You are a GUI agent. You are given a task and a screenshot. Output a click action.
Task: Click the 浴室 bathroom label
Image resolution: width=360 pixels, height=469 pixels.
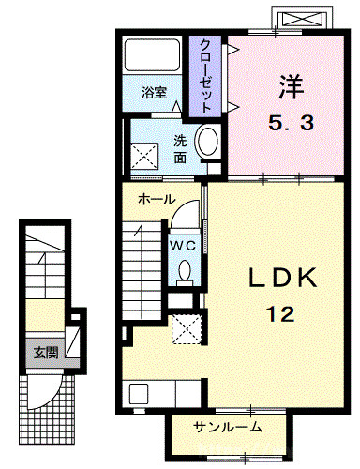[x=154, y=93]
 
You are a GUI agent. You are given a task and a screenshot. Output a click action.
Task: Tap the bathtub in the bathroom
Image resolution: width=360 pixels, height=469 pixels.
[x=152, y=55]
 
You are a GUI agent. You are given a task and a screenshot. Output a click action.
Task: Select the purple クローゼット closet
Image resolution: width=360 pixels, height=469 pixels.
[x=205, y=77]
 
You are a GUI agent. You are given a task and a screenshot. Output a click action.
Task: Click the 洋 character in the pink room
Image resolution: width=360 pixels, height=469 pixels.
[x=291, y=87]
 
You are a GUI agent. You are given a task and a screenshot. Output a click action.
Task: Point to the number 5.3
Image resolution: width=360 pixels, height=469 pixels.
[x=291, y=123]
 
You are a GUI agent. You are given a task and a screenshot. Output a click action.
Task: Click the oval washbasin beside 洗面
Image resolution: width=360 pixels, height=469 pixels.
[x=206, y=141]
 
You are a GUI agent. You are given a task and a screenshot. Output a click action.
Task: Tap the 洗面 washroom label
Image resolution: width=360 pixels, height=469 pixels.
[x=180, y=149]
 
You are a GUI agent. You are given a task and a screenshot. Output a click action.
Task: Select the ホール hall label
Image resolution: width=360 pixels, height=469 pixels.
[x=157, y=199]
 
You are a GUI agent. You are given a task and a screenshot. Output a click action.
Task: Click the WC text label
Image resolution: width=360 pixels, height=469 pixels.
[x=183, y=246]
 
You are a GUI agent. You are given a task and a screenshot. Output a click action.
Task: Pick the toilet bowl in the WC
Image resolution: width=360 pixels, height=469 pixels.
[x=185, y=271]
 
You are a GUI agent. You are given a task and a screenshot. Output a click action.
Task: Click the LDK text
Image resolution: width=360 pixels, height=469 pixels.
[x=283, y=278]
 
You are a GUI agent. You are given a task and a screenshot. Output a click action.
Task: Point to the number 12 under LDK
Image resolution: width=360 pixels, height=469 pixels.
[x=280, y=314]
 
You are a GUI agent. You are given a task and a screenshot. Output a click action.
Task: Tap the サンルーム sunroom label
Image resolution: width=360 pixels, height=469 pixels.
[x=228, y=427]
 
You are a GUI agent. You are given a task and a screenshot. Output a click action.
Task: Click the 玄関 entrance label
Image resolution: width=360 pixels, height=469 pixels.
[x=46, y=353]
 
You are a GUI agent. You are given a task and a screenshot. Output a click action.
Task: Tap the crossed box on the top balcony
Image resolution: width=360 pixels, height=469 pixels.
[x=302, y=20]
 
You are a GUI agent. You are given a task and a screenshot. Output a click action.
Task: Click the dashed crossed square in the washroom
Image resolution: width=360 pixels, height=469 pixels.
[x=144, y=159]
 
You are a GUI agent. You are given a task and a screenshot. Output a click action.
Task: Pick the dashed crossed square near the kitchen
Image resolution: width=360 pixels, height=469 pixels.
[x=187, y=328]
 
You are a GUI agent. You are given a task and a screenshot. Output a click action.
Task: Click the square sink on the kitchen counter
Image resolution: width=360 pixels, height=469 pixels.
[x=138, y=394]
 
